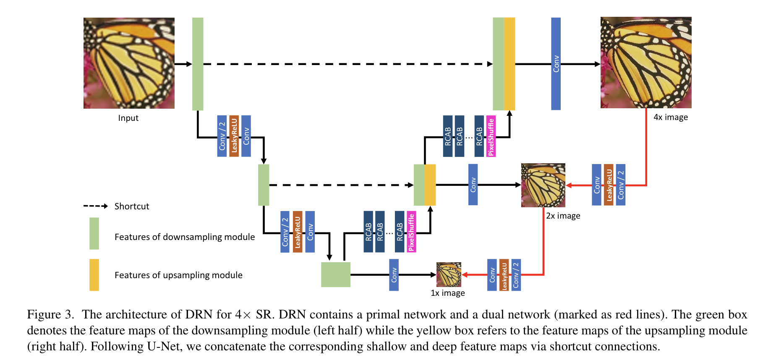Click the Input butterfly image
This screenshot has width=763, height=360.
point(129,63)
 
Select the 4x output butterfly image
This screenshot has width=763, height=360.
point(646,63)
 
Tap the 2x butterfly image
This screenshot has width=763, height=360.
point(543,185)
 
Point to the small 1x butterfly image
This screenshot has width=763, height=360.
point(449,274)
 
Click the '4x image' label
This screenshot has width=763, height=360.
point(671,117)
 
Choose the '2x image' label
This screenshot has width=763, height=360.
point(563,216)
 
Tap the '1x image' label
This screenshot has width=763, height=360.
point(448,293)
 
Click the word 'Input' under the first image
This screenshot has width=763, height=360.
point(128,118)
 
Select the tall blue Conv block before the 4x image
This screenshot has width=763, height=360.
point(556,64)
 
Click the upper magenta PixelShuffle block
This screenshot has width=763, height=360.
point(491,136)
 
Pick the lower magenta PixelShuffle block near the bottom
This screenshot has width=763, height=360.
point(411,232)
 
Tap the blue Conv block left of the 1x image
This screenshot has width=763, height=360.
point(394,275)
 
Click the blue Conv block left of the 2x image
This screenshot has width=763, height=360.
point(473,185)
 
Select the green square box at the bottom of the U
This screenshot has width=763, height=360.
point(336,274)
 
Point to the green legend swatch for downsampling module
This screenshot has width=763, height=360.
point(94,233)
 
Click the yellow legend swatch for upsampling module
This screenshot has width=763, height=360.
point(94,275)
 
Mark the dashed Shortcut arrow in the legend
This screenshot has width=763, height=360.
point(96,206)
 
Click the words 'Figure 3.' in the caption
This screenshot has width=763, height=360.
point(51,315)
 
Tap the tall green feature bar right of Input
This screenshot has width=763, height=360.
point(198,64)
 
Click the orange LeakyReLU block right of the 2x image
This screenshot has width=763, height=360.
point(609,185)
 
